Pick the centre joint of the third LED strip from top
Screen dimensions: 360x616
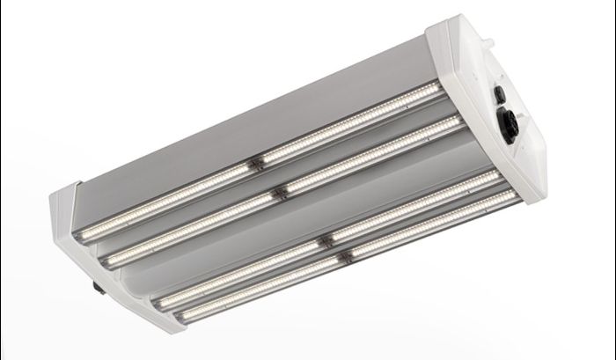[326, 239]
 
